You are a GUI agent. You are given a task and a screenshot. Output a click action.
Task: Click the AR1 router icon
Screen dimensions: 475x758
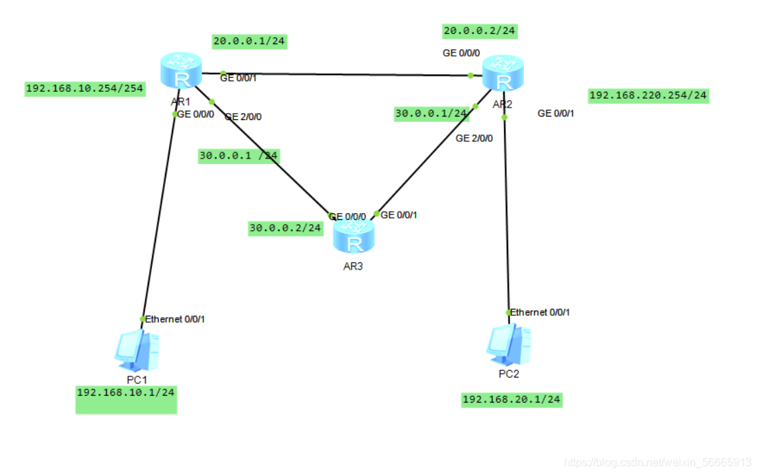(181, 70)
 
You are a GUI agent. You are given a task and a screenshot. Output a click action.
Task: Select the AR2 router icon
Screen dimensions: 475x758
(503, 72)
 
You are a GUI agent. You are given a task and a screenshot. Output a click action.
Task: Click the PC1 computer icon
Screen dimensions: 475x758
(136, 350)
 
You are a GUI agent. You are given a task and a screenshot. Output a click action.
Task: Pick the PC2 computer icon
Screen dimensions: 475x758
(509, 344)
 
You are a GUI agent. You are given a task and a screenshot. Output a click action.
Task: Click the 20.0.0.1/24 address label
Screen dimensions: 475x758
(249, 41)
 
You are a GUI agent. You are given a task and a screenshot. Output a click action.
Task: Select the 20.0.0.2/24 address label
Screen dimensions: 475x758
(480, 31)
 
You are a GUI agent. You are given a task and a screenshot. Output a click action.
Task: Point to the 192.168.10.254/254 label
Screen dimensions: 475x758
(84, 88)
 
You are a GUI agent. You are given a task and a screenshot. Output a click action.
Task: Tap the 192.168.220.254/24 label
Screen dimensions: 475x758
(648, 95)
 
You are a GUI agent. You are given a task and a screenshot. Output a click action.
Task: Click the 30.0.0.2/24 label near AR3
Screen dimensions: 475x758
(286, 228)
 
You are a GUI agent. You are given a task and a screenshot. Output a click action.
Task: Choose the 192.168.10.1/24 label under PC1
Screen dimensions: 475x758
(126, 392)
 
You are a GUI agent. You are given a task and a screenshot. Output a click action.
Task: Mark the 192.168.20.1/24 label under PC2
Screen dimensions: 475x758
(512, 399)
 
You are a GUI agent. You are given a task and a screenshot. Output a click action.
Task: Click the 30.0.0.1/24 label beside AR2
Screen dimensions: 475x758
(431, 114)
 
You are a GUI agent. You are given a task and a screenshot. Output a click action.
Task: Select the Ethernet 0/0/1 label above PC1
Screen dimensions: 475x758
(175, 319)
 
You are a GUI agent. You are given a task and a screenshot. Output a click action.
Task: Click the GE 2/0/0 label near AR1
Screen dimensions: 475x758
(243, 117)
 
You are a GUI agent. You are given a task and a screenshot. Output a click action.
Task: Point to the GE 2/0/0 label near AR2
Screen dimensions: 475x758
(474, 139)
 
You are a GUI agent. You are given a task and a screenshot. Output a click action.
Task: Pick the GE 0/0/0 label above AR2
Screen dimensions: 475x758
(461, 53)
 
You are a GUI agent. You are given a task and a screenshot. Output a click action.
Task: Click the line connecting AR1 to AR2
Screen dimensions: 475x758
(345, 74)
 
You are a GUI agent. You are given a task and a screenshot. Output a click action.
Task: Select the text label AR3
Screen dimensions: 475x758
(353, 266)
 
